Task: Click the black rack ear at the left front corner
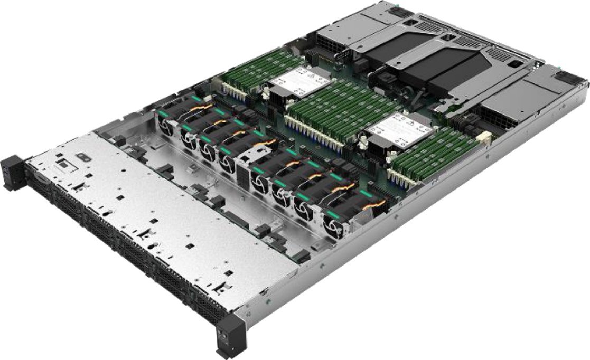click(x=13, y=172)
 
